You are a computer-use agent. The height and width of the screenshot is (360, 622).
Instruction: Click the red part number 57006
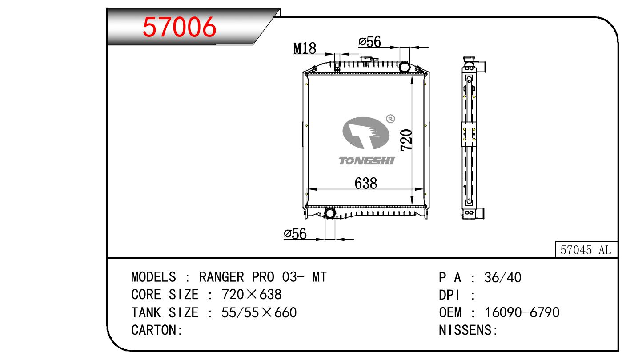click(179, 27)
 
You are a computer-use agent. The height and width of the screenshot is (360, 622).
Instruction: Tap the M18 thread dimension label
click(305, 48)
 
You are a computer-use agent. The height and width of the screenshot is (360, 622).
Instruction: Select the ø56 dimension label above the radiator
click(369, 42)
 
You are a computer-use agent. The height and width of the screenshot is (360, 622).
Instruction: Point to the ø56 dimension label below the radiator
click(295, 233)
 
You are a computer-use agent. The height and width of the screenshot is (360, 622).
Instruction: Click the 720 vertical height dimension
click(406, 140)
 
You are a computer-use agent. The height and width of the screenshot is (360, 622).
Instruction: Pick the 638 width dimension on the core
click(366, 183)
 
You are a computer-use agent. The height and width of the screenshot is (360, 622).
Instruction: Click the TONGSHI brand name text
click(367, 161)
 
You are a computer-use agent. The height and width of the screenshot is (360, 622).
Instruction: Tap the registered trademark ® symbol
click(390, 119)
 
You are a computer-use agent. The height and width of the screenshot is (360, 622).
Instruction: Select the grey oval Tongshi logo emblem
click(366, 133)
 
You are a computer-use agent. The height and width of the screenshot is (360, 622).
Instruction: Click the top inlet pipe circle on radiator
click(404, 67)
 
